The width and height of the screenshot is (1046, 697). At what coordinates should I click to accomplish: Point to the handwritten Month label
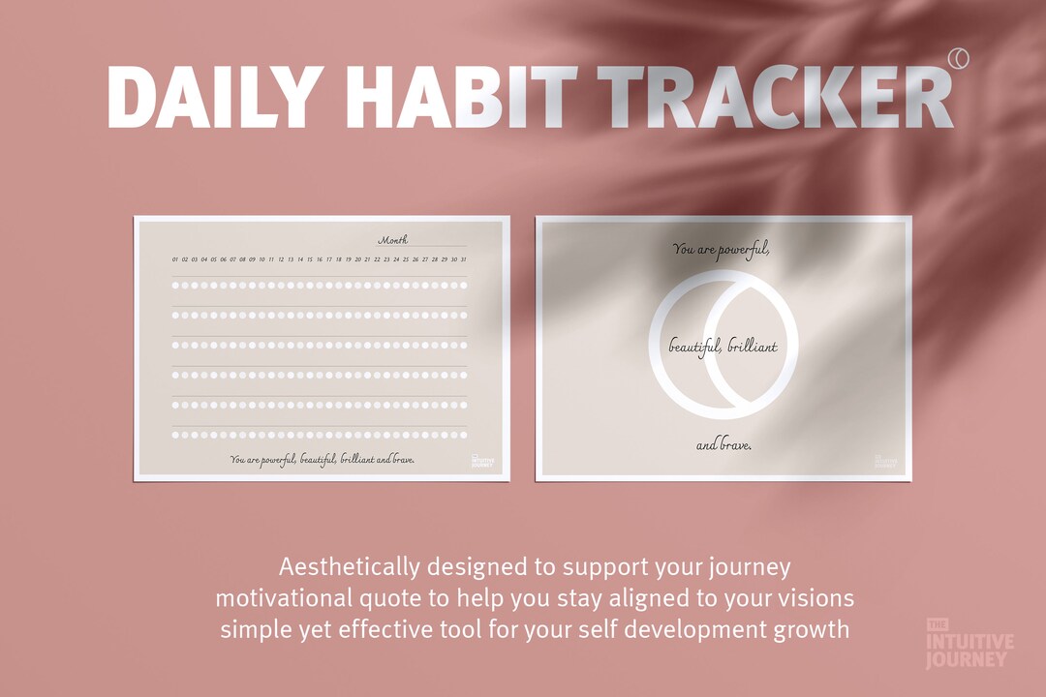tap(392, 240)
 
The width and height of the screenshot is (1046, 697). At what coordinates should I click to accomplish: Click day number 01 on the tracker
tap(175, 259)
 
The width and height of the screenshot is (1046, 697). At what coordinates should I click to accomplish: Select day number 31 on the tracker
tap(464, 259)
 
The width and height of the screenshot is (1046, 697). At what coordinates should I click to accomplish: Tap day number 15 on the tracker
tap(310, 259)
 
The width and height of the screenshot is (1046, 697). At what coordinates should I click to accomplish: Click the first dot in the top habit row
tap(176, 285)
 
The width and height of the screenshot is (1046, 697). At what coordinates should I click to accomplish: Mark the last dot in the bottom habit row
tap(463, 435)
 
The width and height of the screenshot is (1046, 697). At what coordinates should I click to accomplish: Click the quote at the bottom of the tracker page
tap(323, 459)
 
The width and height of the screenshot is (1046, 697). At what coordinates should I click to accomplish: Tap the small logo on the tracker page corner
tap(481, 461)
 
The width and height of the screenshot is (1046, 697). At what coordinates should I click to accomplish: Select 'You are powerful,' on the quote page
tap(722, 250)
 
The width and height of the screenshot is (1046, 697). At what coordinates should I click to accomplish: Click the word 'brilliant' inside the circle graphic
tap(752, 346)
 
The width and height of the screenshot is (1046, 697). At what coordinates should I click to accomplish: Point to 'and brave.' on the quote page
tap(723, 445)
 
